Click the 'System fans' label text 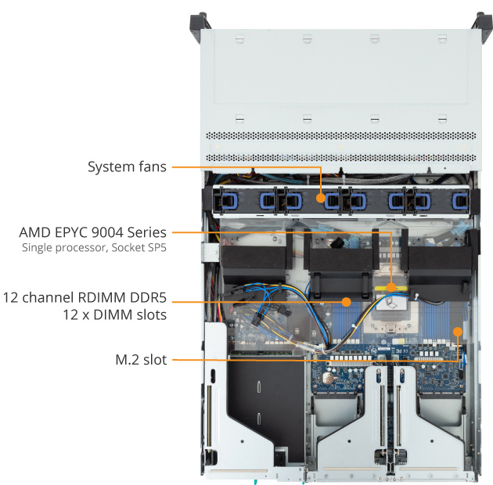click(x=126, y=167)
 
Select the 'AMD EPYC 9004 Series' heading click(x=92, y=232)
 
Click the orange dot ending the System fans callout click(x=321, y=199)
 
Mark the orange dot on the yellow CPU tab click(x=390, y=287)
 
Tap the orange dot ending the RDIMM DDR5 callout click(x=345, y=300)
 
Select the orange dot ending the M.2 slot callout click(x=458, y=331)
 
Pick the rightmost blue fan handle click(x=457, y=201)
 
